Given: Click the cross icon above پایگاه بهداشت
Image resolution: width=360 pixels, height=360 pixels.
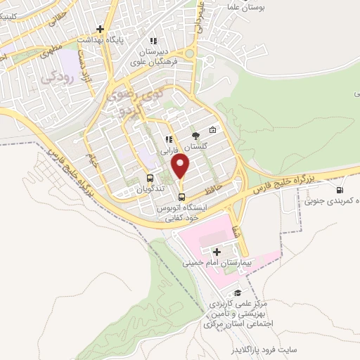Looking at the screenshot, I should (x=101, y=30).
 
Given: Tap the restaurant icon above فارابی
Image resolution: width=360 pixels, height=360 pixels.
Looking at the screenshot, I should (x=169, y=139).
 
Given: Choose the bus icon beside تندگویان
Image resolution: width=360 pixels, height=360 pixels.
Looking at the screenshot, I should (x=150, y=178).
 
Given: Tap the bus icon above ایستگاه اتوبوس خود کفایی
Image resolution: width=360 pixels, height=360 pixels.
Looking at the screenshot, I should (x=182, y=196).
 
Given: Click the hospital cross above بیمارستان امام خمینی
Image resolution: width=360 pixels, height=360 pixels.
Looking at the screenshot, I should (x=217, y=252).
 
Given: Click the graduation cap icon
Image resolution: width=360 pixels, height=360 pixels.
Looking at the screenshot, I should (x=238, y=293).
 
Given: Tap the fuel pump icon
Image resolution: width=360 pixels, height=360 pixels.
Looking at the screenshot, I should (x=341, y=188).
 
